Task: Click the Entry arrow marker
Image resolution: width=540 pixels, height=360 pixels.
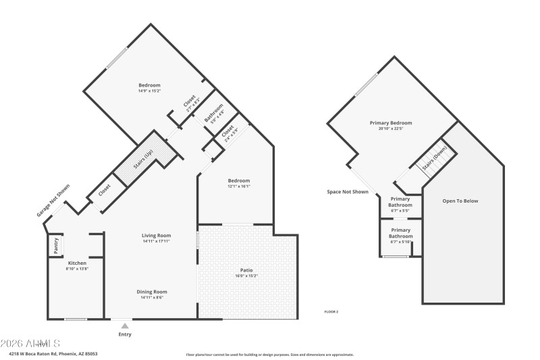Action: [x=125, y=326]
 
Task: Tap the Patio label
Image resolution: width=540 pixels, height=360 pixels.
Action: [x=246, y=269]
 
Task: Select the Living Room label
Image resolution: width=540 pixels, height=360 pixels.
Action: [x=156, y=235]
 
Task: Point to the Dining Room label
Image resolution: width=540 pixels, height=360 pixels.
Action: [x=153, y=291]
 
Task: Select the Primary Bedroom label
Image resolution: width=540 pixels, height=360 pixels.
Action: [x=390, y=123]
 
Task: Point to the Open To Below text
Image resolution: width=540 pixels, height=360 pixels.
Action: [x=460, y=201]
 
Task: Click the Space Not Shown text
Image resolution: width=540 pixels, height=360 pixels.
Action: [x=348, y=192]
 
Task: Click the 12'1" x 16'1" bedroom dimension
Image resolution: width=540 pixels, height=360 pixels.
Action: [x=239, y=186]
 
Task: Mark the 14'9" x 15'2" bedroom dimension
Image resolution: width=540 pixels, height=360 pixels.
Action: [x=149, y=91]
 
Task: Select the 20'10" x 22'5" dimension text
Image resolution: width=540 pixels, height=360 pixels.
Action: [x=390, y=128]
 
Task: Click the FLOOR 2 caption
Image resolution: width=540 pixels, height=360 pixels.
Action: [x=331, y=311]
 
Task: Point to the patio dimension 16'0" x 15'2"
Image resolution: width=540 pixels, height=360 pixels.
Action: [x=246, y=276]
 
